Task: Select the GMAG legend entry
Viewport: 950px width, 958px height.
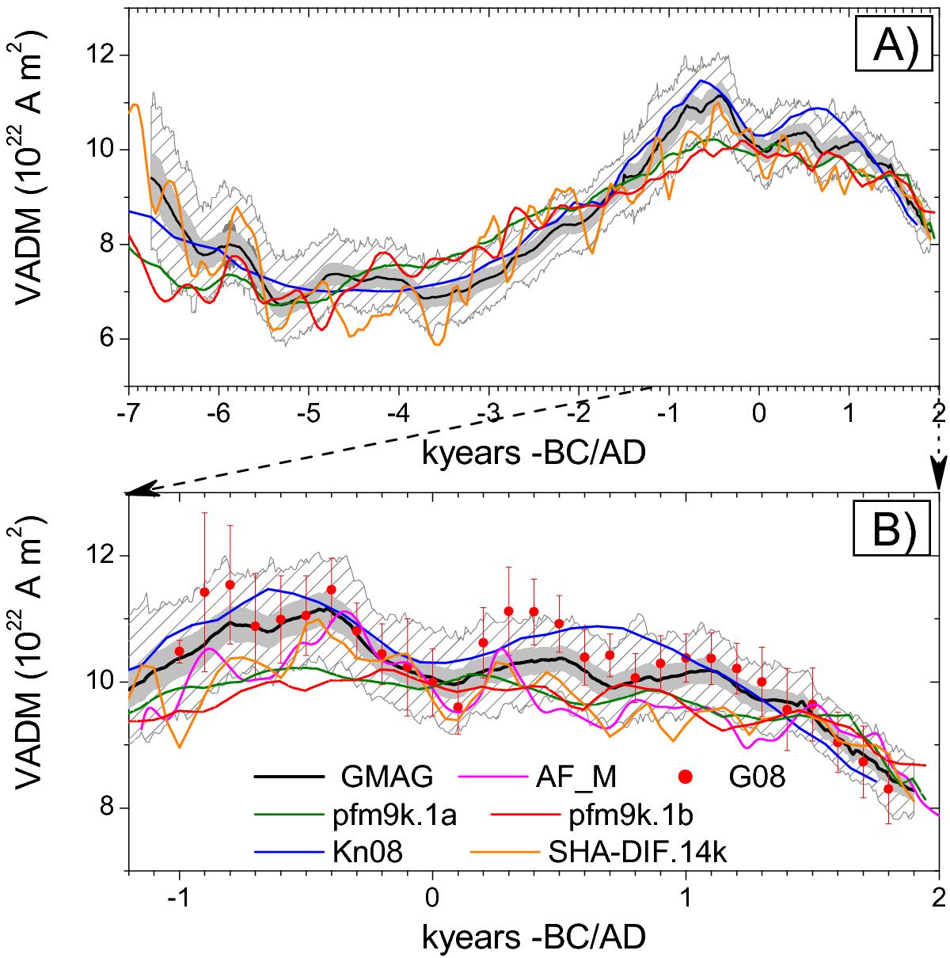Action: click(388, 777)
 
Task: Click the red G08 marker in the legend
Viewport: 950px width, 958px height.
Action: click(686, 777)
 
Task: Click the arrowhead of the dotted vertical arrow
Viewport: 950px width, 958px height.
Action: click(939, 480)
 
